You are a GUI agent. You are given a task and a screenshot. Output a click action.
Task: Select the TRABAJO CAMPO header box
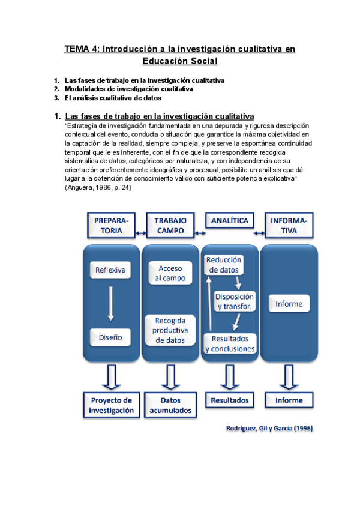pos(170,225)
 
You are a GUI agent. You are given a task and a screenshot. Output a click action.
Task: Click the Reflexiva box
pos(110,270)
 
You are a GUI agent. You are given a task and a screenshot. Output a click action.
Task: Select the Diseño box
pos(110,337)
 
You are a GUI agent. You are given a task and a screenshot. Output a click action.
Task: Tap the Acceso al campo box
pos(170,273)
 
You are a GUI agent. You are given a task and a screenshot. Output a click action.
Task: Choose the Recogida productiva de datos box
pos(170,330)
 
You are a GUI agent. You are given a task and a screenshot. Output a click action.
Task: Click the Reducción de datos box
pos(224,265)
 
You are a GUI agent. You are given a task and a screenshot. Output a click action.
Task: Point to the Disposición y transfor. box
pos(235,301)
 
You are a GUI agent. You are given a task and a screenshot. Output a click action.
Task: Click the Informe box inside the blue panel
pos(289,304)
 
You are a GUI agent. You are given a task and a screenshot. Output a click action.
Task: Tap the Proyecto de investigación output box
pos(111,405)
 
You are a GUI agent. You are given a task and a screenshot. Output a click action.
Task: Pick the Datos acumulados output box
pos(170,405)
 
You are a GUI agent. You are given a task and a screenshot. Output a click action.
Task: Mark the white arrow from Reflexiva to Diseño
pos(110,304)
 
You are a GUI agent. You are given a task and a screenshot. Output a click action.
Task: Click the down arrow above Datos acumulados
pos(170,376)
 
